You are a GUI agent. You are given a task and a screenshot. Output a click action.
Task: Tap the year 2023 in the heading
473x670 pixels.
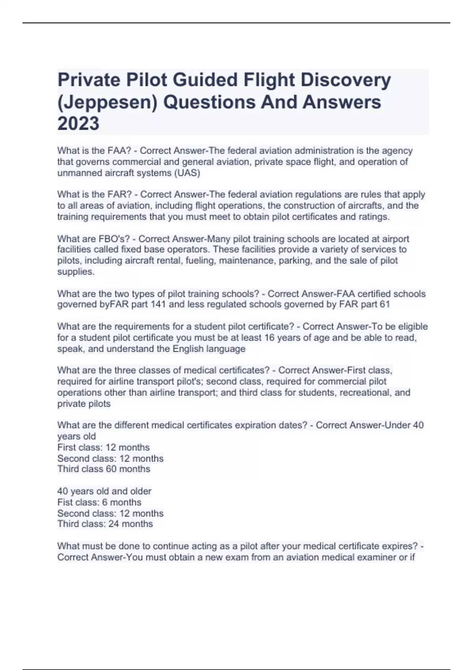point(78,124)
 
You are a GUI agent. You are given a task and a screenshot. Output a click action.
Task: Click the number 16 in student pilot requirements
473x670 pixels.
point(269,338)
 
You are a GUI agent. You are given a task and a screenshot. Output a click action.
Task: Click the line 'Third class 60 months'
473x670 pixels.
point(104,469)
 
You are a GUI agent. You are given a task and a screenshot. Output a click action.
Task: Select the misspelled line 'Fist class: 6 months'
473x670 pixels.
point(99,502)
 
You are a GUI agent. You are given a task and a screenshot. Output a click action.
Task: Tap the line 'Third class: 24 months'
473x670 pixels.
point(105,524)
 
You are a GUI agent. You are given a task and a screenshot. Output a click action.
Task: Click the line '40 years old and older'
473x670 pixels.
point(104,491)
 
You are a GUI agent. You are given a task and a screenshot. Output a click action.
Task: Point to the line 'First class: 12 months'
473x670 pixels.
point(103,447)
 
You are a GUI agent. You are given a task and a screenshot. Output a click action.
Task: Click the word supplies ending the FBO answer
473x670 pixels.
point(75,272)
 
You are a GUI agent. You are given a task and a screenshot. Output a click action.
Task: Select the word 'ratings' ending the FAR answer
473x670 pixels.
point(374,217)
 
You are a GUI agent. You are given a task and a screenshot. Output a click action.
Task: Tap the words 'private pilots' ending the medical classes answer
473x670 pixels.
point(84,404)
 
